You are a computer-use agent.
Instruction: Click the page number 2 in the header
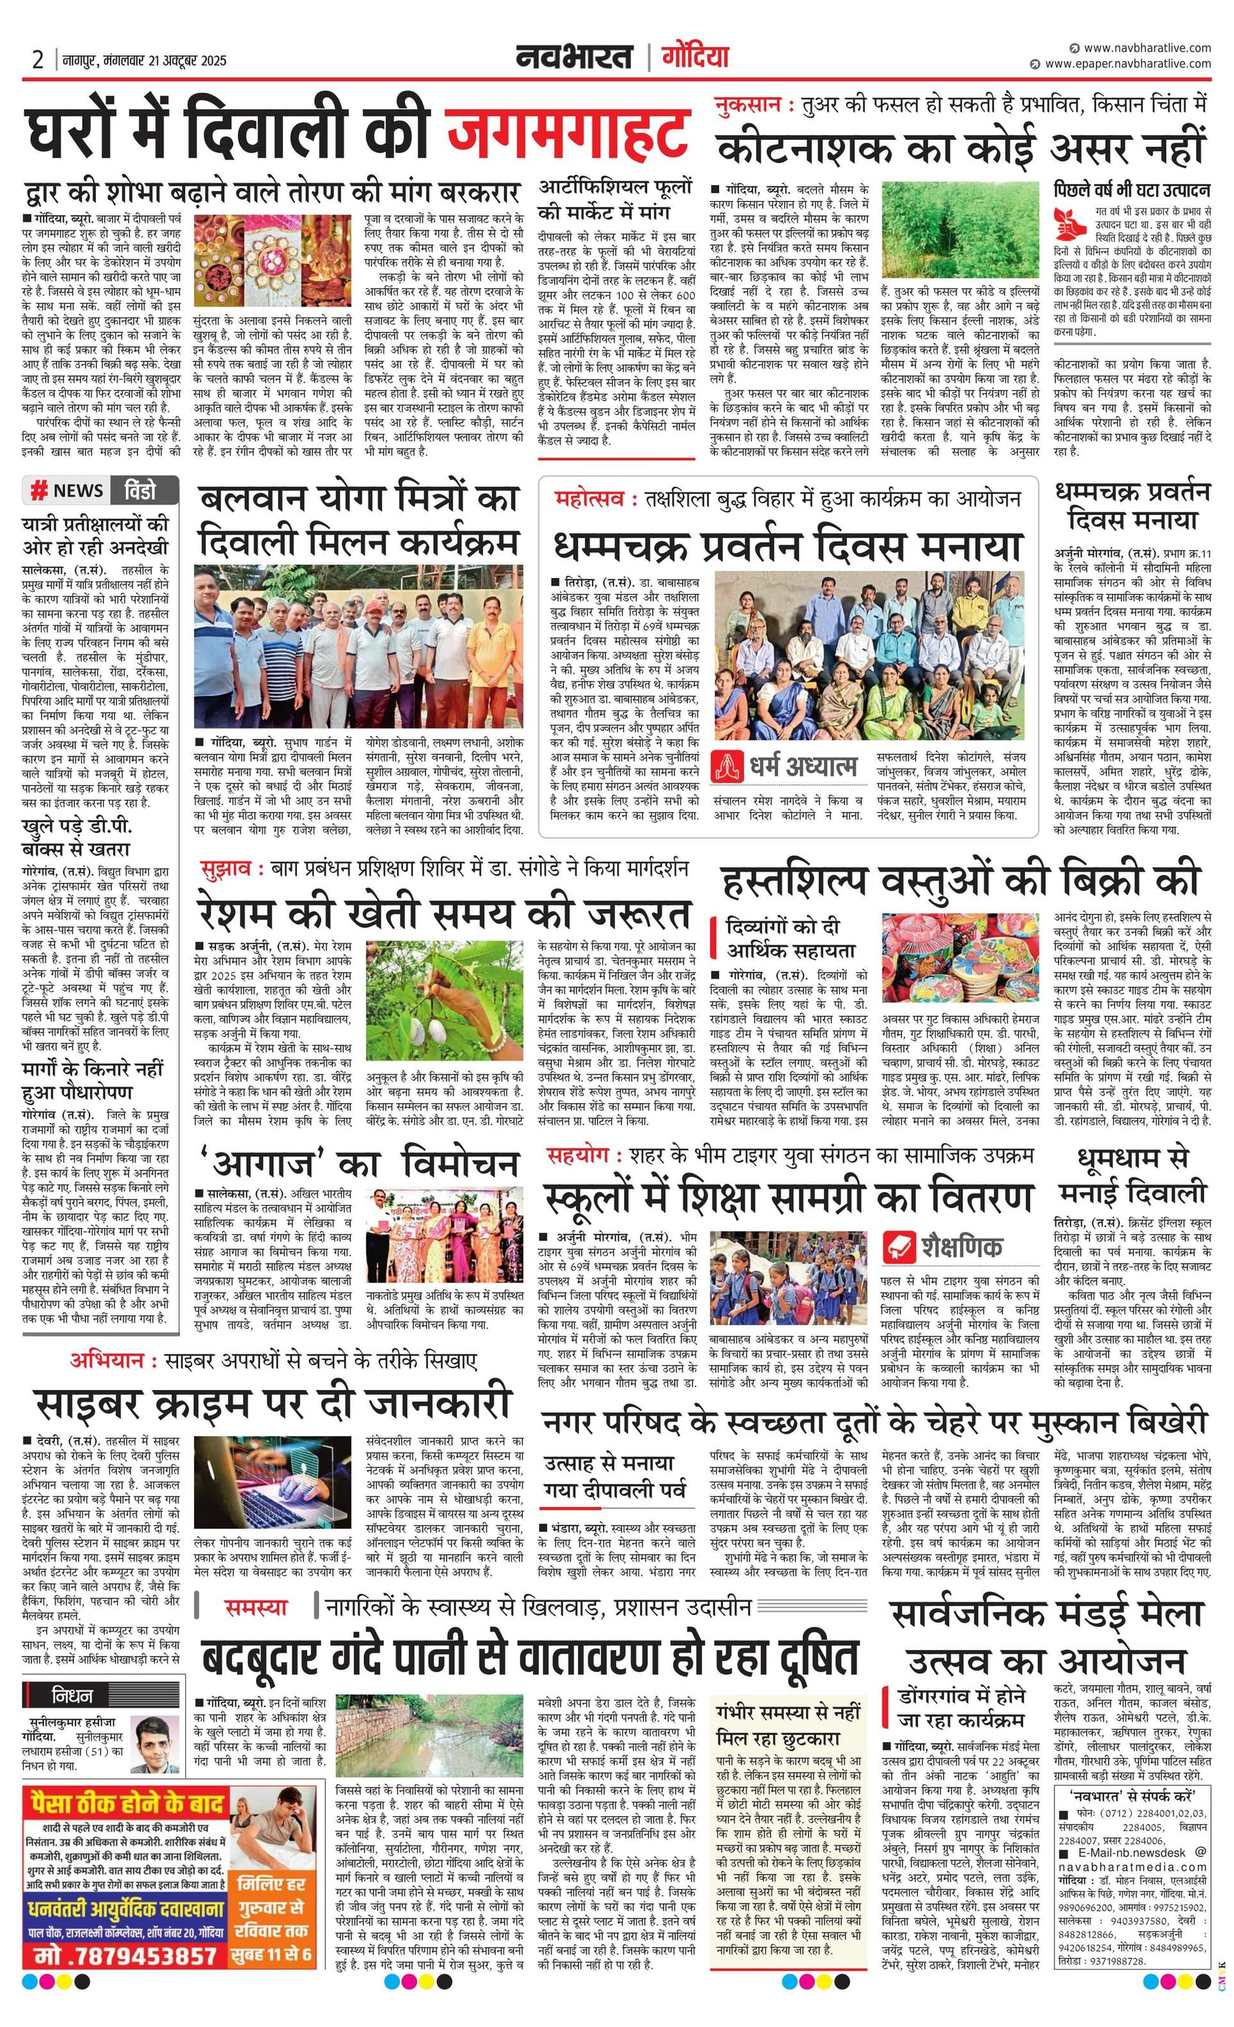pos(38,59)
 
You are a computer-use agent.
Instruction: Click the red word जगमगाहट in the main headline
pos(568,132)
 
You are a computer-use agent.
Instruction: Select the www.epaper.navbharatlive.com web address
pos(1127,64)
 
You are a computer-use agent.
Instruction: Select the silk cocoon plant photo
pos(444,1000)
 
